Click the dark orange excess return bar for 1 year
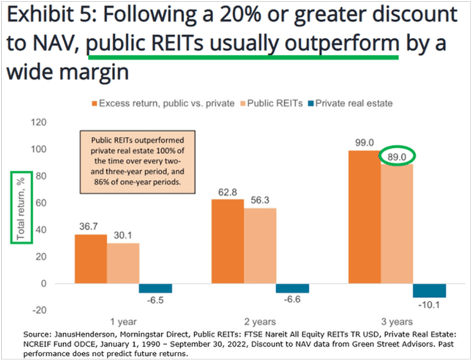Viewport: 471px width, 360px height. (x=91, y=259)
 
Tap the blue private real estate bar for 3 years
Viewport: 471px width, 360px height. (x=429, y=290)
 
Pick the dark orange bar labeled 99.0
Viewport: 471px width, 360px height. (x=364, y=217)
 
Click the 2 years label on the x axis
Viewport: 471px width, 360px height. (x=260, y=321)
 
